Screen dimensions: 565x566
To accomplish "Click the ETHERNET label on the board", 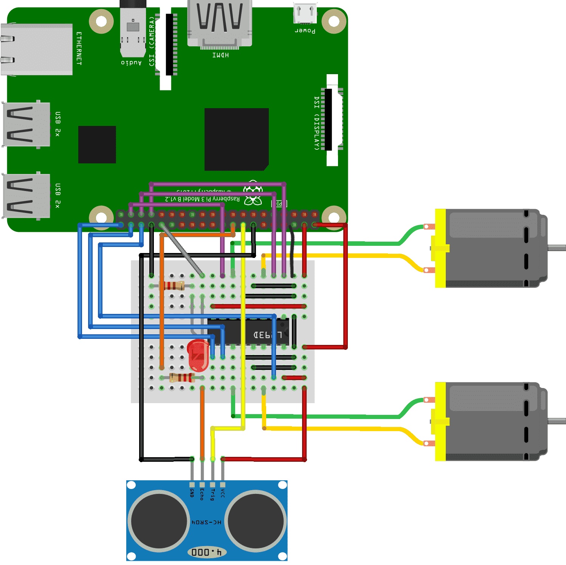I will [x=79, y=48].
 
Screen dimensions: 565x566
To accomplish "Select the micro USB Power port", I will [x=305, y=14].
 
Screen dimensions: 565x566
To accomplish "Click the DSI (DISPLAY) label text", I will [x=317, y=123].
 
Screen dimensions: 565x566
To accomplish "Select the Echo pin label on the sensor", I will [x=202, y=494].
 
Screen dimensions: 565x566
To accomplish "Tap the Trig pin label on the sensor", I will [x=212, y=494].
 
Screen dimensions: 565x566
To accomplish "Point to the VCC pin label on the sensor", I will [x=223, y=493].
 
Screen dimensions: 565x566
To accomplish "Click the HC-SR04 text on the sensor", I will [x=206, y=522].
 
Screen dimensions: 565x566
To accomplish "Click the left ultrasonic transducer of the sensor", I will [x=159, y=521].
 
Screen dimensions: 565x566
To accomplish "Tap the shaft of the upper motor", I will [x=557, y=248].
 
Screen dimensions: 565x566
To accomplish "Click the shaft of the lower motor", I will [x=557, y=421].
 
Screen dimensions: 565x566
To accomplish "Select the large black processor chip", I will [x=236, y=139].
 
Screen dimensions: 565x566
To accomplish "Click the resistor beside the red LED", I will [x=182, y=377].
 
